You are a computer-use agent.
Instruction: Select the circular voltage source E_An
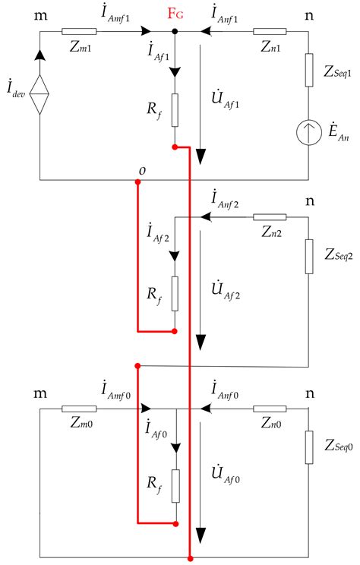point(309,130)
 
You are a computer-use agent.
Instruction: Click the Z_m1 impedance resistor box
point(80,32)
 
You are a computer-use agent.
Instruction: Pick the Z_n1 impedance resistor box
point(270,32)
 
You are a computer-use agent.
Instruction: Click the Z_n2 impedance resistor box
point(270,217)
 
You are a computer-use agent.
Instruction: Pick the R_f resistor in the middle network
point(175,293)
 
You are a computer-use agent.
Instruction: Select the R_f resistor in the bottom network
point(175,485)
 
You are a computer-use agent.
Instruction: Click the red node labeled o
point(137,181)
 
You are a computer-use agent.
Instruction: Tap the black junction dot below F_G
point(175,32)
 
